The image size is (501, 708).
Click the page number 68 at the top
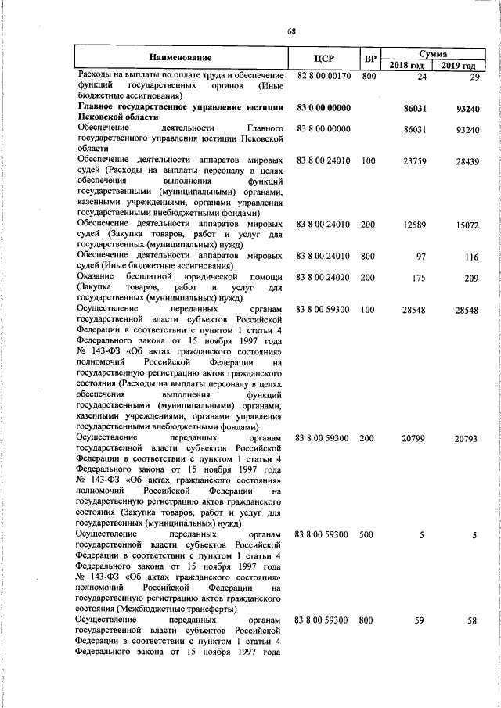(291, 31)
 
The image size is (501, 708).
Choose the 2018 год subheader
(407, 65)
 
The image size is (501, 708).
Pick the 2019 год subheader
(460, 65)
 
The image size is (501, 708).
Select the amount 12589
(413, 225)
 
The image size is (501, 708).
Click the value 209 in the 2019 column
(470, 277)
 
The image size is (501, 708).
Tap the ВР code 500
(367, 534)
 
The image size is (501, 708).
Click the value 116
(470, 257)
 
